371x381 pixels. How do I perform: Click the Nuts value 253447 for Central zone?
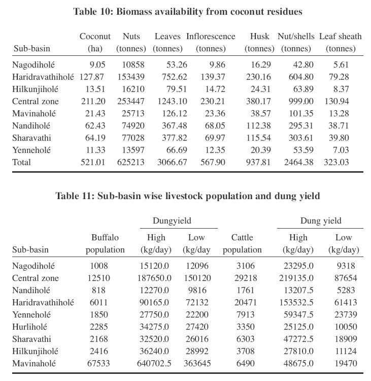pyautogui.click(x=130, y=101)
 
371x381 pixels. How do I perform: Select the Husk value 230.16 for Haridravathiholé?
pyautogui.click(x=257, y=77)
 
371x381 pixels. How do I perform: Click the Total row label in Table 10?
pyautogui.click(x=21, y=162)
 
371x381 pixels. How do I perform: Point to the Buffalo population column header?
pyautogui.click(x=105, y=243)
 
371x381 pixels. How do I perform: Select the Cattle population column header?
pyautogui.click(x=242, y=243)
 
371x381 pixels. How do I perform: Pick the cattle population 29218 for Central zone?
pyautogui.click(x=242, y=278)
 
